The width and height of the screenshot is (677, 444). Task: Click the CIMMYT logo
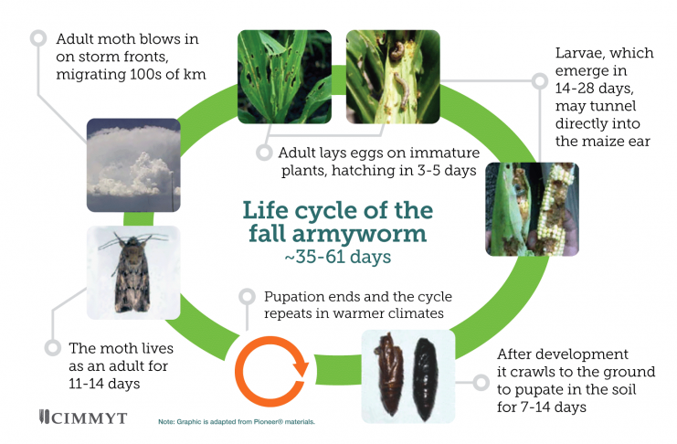pos(82,418)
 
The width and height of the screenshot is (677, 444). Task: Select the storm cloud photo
pos(133,165)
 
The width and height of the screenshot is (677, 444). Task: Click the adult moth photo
pos(133,272)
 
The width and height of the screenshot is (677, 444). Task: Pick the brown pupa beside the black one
pos(390,374)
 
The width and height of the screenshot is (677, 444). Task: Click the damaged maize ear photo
pos(532,209)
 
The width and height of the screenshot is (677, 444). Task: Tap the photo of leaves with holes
pos(284,77)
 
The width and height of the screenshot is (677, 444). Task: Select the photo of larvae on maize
pos(393,77)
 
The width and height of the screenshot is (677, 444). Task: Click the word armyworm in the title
pos(359,234)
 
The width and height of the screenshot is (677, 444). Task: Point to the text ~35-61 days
pos(338,257)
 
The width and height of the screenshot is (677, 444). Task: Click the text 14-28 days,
pos(594,88)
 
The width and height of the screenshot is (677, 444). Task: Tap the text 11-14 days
pos(104,384)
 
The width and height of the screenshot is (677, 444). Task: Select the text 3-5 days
pos(447,170)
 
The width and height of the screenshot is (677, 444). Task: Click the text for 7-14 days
pos(542,407)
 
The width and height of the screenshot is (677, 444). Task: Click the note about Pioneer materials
pos(237,421)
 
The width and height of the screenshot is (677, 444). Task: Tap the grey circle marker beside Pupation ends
pos(247,297)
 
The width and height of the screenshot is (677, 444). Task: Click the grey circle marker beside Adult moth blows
pos(38,38)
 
